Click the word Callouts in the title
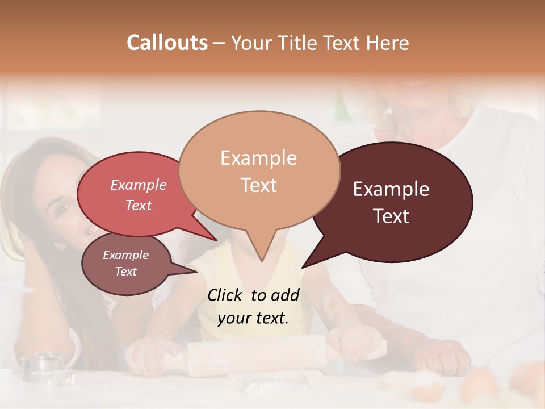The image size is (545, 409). tap(167, 43)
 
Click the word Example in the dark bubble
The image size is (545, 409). tap(391, 189)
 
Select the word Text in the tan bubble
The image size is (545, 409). tap(259, 185)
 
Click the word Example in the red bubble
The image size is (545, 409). tap(138, 185)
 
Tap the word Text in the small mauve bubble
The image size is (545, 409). tap(126, 272)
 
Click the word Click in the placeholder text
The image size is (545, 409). tap(226, 295)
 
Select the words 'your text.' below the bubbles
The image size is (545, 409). tap(253, 318)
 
